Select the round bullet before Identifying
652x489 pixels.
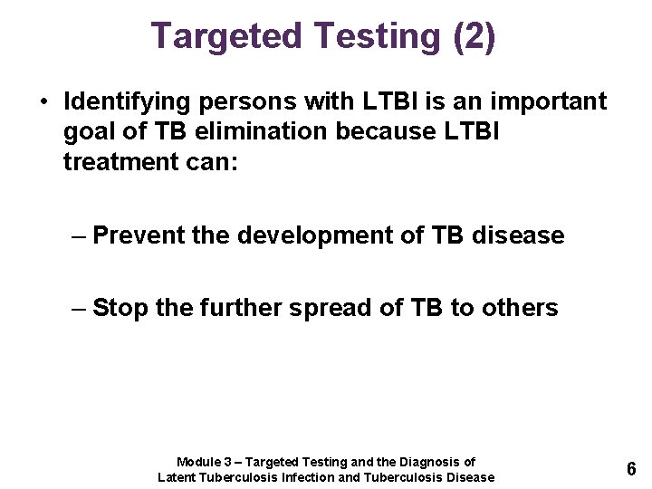pyautogui.click(x=44, y=101)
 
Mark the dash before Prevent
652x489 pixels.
pyautogui.click(x=79, y=236)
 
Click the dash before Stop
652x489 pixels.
pyautogui.click(x=79, y=309)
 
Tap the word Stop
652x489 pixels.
pyautogui.click(x=120, y=309)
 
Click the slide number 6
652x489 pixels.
pyautogui.click(x=630, y=469)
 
